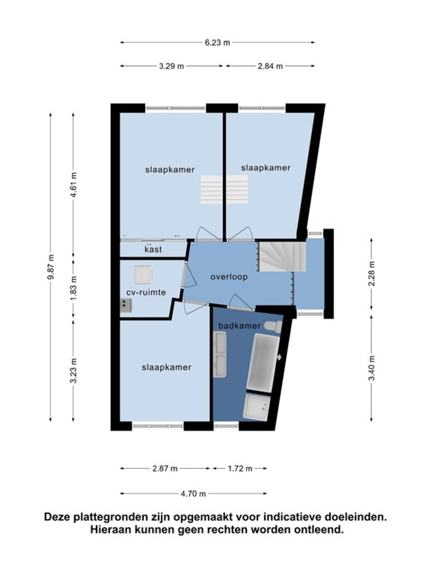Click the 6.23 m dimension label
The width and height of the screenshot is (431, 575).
click(x=217, y=43)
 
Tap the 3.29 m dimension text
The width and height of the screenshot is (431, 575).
click(x=171, y=66)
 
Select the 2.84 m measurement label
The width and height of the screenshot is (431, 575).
click(x=270, y=66)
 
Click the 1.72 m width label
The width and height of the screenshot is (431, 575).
click(x=240, y=468)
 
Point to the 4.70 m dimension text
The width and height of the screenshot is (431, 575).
click(x=193, y=493)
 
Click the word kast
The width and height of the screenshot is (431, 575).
click(x=153, y=249)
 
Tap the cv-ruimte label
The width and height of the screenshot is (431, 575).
click(x=146, y=292)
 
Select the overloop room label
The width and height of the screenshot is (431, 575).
click(x=229, y=277)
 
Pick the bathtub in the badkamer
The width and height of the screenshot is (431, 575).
click(x=263, y=363)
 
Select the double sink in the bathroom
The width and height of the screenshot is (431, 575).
click(x=219, y=354)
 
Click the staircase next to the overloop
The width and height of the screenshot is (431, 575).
click(x=282, y=257)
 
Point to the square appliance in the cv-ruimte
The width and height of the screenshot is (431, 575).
click(x=143, y=275)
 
